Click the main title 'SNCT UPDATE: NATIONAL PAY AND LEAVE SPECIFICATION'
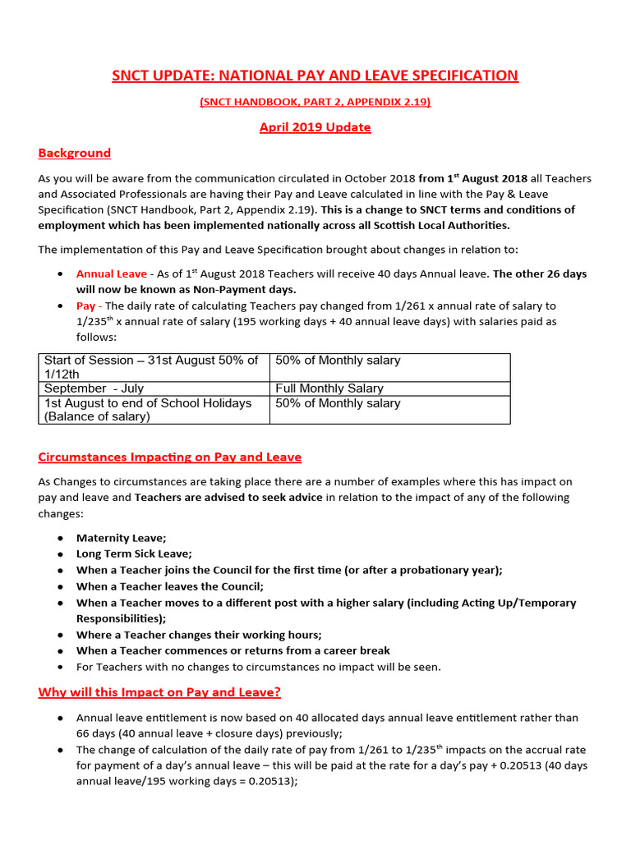(315, 76)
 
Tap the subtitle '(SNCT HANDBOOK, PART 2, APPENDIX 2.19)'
(315, 102)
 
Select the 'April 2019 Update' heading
(315, 127)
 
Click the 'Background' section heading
(74, 153)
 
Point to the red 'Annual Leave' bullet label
(112, 273)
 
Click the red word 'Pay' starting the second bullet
(85, 306)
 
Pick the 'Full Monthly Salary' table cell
(329, 388)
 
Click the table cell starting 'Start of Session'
(151, 367)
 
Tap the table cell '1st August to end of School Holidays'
(148, 409)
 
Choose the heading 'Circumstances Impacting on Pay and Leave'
(169, 457)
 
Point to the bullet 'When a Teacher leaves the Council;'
(170, 586)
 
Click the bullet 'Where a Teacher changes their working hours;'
(199, 635)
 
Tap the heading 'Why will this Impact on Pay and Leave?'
(159, 692)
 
